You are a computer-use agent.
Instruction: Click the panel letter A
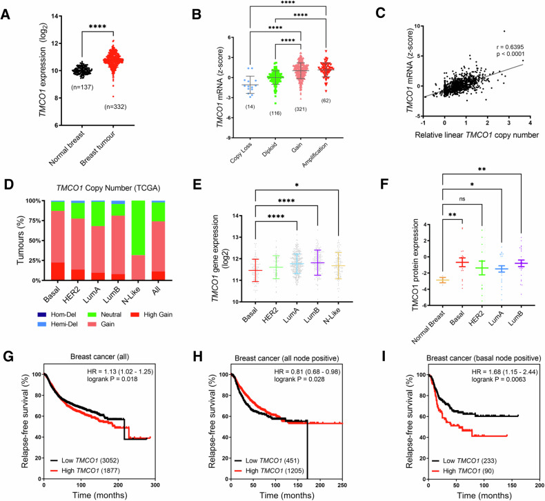click(6, 15)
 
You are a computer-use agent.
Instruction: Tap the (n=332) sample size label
click(115, 107)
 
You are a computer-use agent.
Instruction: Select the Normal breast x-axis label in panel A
click(66, 148)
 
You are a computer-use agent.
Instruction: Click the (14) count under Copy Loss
click(250, 107)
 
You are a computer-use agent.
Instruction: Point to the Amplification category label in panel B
click(315, 155)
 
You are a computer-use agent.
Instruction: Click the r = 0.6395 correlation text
click(510, 47)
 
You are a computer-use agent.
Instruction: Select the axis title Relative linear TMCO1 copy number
click(477, 135)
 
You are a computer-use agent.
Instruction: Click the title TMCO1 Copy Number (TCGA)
click(108, 188)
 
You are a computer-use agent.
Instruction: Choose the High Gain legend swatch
click(135, 314)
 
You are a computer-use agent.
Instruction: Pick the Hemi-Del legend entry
click(57, 324)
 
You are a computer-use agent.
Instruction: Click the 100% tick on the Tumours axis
click(33, 201)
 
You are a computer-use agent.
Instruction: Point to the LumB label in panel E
click(311, 315)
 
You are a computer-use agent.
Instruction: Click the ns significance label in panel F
click(462, 198)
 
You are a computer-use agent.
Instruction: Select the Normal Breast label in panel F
click(428, 327)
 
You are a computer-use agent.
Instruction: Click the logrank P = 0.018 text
click(112, 379)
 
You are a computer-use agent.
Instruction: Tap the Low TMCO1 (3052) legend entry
click(85, 460)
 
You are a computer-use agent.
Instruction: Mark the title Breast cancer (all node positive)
click(287, 358)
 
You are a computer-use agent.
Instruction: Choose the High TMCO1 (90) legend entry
click(463, 471)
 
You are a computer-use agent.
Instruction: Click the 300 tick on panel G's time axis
click(155, 484)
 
